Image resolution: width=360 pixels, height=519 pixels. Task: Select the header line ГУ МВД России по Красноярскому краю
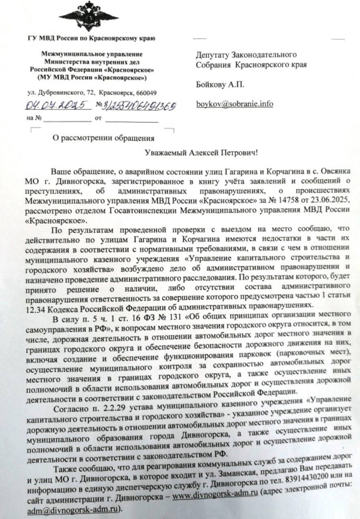[x=92, y=39]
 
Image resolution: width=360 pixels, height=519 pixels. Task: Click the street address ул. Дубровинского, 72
[x=63, y=93]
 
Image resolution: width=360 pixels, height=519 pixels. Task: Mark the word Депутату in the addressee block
[x=213, y=55]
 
